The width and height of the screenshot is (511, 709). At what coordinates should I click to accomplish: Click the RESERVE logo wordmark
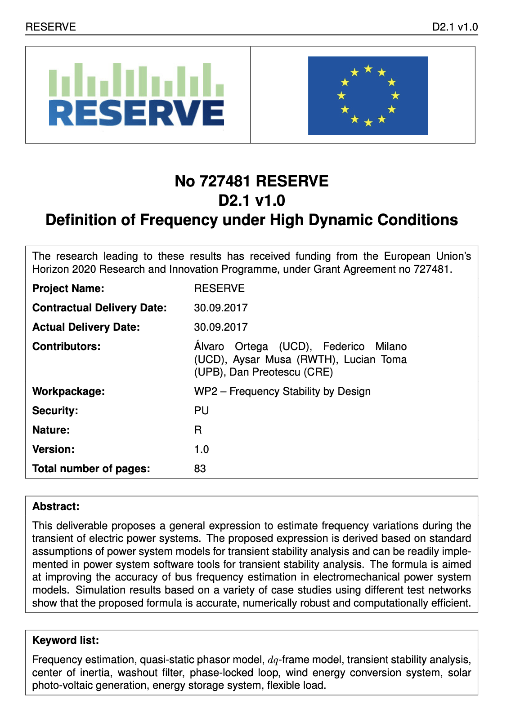click(x=136, y=113)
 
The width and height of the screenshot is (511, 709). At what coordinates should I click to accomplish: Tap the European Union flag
click(x=368, y=95)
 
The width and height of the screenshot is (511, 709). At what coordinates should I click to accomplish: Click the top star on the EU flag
click(x=368, y=69)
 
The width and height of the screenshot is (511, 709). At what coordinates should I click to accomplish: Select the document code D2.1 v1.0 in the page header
click(x=455, y=27)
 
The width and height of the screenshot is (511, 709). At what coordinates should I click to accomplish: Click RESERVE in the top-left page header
click(x=51, y=27)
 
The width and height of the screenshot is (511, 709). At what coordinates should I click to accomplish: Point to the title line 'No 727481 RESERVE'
click(x=251, y=181)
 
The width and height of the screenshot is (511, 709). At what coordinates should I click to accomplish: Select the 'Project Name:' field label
click(x=68, y=288)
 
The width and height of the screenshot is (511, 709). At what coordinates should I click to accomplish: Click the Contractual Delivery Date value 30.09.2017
click(x=221, y=308)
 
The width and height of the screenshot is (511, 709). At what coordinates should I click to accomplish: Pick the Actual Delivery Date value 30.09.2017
click(x=221, y=327)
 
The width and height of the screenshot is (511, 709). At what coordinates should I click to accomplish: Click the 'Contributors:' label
click(x=67, y=346)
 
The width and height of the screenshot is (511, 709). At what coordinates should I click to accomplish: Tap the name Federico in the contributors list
click(x=344, y=346)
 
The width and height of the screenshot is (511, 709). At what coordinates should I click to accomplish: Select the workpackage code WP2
click(x=206, y=391)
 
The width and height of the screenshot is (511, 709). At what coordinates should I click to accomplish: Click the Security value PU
click(x=202, y=411)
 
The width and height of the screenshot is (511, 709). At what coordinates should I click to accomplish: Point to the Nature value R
click(x=198, y=430)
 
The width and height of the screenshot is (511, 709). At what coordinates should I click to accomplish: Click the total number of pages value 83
click(x=200, y=469)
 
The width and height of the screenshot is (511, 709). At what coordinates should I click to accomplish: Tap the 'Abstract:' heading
click(x=56, y=506)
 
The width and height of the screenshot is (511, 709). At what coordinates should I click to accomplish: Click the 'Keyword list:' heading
click(x=66, y=640)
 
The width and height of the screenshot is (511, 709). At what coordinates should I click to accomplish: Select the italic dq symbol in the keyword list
click(x=273, y=660)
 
